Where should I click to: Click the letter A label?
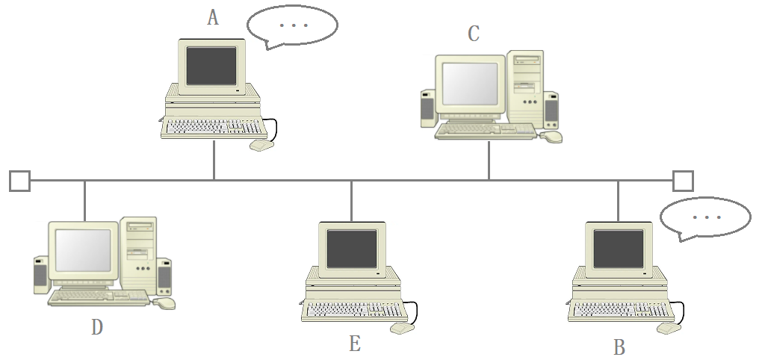tap(213, 18)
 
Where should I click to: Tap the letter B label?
tap(619, 347)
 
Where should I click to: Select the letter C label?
tap(474, 34)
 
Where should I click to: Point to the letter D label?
tap(96, 327)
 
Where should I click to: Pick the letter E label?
tap(355, 344)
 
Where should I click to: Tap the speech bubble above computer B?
tap(704, 217)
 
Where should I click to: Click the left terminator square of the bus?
tap(19, 181)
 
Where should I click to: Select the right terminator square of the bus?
tap(683, 181)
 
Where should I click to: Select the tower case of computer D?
tap(140, 254)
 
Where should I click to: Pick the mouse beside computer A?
tap(261, 145)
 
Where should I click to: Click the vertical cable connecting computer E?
tap(351, 201)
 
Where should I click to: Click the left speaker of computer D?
tap(41, 276)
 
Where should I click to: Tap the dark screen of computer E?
tap(352, 249)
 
